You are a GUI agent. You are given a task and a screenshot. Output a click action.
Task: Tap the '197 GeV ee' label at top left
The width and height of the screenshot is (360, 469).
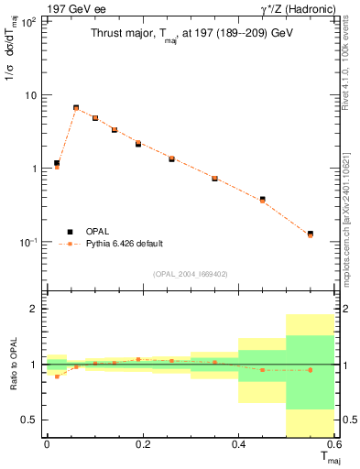(x=74, y=9)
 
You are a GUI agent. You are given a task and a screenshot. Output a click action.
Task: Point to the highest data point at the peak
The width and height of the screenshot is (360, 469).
(x=76, y=108)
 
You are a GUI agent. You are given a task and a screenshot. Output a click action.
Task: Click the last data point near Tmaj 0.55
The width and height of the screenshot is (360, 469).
(x=311, y=234)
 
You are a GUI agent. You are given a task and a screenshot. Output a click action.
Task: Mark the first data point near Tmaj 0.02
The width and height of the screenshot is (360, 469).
(x=57, y=164)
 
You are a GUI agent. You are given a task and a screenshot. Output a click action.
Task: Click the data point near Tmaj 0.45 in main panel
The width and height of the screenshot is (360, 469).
(x=262, y=199)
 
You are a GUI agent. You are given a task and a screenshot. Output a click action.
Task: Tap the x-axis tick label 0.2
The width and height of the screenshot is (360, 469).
(x=142, y=443)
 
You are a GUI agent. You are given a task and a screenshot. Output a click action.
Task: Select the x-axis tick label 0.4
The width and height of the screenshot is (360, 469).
(x=238, y=443)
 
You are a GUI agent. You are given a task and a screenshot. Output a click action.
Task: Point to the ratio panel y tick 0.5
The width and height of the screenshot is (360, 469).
(x=31, y=420)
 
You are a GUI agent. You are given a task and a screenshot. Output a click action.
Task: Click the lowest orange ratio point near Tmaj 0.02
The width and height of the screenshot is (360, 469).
(x=57, y=376)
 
